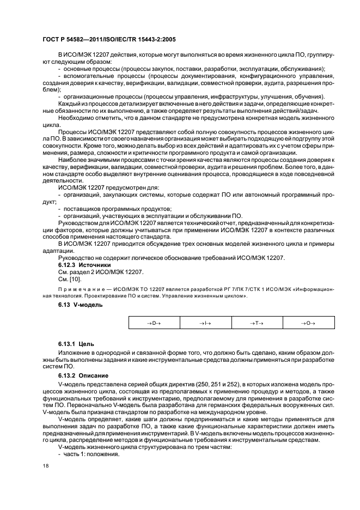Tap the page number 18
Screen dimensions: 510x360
[45, 466]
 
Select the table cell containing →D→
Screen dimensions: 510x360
[154, 323]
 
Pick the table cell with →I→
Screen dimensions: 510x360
[205, 323]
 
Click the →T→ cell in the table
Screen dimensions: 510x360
[257, 323]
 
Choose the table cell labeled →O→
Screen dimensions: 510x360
[308, 323]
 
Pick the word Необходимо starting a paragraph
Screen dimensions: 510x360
[77, 118]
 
